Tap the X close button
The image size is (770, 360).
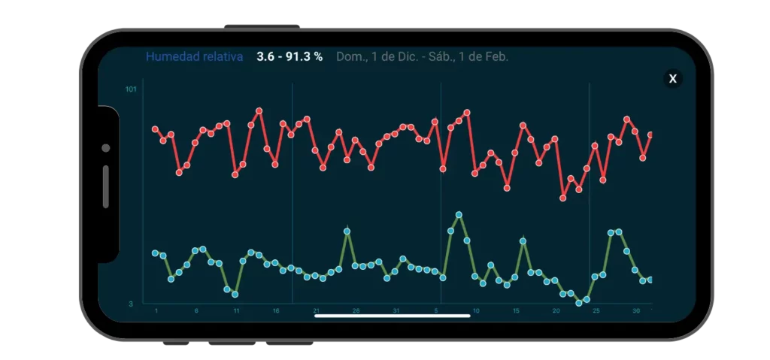(x=673, y=79)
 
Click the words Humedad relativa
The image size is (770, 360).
(x=194, y=56)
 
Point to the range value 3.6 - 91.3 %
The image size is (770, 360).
(x=290, y=56)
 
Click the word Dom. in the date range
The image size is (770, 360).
(x=349, y=56)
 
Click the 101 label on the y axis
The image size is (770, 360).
(x=131, y=90)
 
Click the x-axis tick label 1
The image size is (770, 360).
(x=156, y=310)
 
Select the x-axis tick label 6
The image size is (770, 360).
(x=196, y=310)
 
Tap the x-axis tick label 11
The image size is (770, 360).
(x=236, y=310)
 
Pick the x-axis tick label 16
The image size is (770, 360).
(x=276, y=310)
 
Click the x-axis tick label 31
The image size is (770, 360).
(x=396, y=310)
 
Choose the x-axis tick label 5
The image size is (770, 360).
(x=436, y=310)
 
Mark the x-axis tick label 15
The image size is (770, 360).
(x=516, y=310)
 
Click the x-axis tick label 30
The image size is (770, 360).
(x=636, y=310)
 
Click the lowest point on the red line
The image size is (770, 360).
(x=562, y=198)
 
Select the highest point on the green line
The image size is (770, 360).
(x=459, y=215)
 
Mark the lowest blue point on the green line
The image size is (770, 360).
(x=578, y=303)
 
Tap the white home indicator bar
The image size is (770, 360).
(x=392, y=316)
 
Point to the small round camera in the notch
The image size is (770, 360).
(x=106, y=148)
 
